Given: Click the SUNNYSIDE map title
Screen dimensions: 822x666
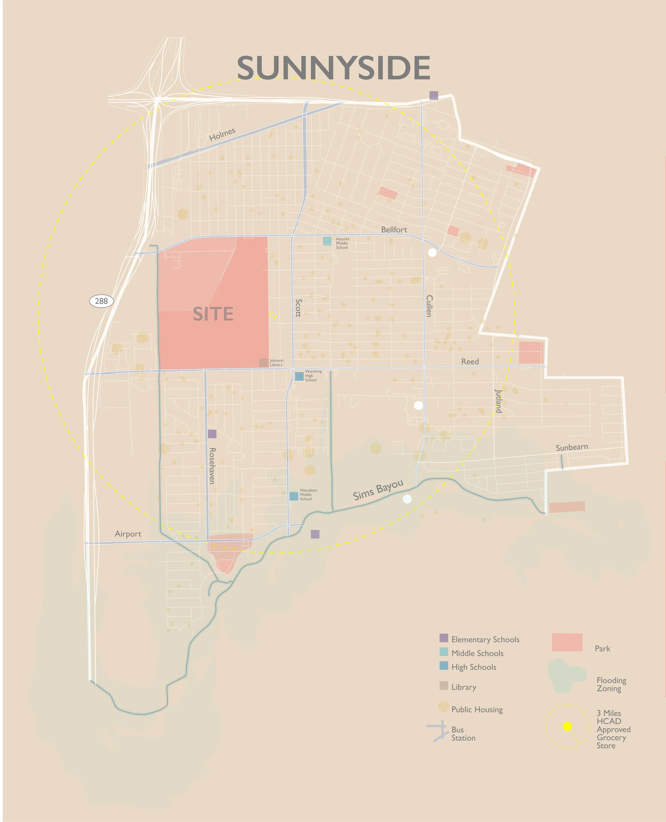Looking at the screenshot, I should tap(333, 68).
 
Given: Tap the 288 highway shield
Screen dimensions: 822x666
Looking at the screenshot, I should tap(101, 301).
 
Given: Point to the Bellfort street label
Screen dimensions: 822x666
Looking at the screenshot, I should tap(394, 230).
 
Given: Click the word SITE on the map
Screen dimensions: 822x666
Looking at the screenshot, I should tap(213, 314).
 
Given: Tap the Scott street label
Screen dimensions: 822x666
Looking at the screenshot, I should tap(298, 308).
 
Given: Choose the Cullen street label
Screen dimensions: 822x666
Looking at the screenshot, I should tap(429, 306).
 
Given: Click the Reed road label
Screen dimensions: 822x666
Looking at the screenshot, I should tap(470, 361).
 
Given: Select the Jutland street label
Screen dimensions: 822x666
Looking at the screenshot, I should tap(498, 401).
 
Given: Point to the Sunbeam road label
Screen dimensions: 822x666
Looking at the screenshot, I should tap(572, 447).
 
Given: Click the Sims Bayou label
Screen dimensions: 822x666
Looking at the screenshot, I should tap(378, 490).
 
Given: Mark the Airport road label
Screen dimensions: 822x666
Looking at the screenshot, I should tap(128, 534).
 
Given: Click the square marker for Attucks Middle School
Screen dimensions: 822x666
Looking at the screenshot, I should tap(327, 241).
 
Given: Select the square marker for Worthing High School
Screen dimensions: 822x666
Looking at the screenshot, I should tap(299, 376).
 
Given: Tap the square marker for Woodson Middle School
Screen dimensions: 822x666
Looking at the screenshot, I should tap(294, 496).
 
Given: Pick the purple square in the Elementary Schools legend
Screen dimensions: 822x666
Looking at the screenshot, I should tap(444, 638).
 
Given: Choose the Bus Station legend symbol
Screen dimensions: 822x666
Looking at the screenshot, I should tap(438, 731).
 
